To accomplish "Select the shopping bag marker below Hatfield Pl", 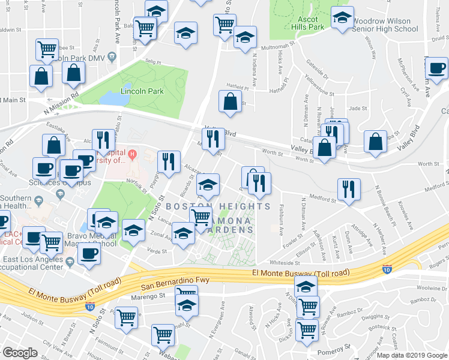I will pyautogui.click(x=231, y=101).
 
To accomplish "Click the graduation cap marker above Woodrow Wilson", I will pyautogui.click(x=343, y=19).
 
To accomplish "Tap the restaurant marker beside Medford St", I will pyautogui.click(x=349, y=189).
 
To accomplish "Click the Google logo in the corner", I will pyautogui.click(x=20, y=353).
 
